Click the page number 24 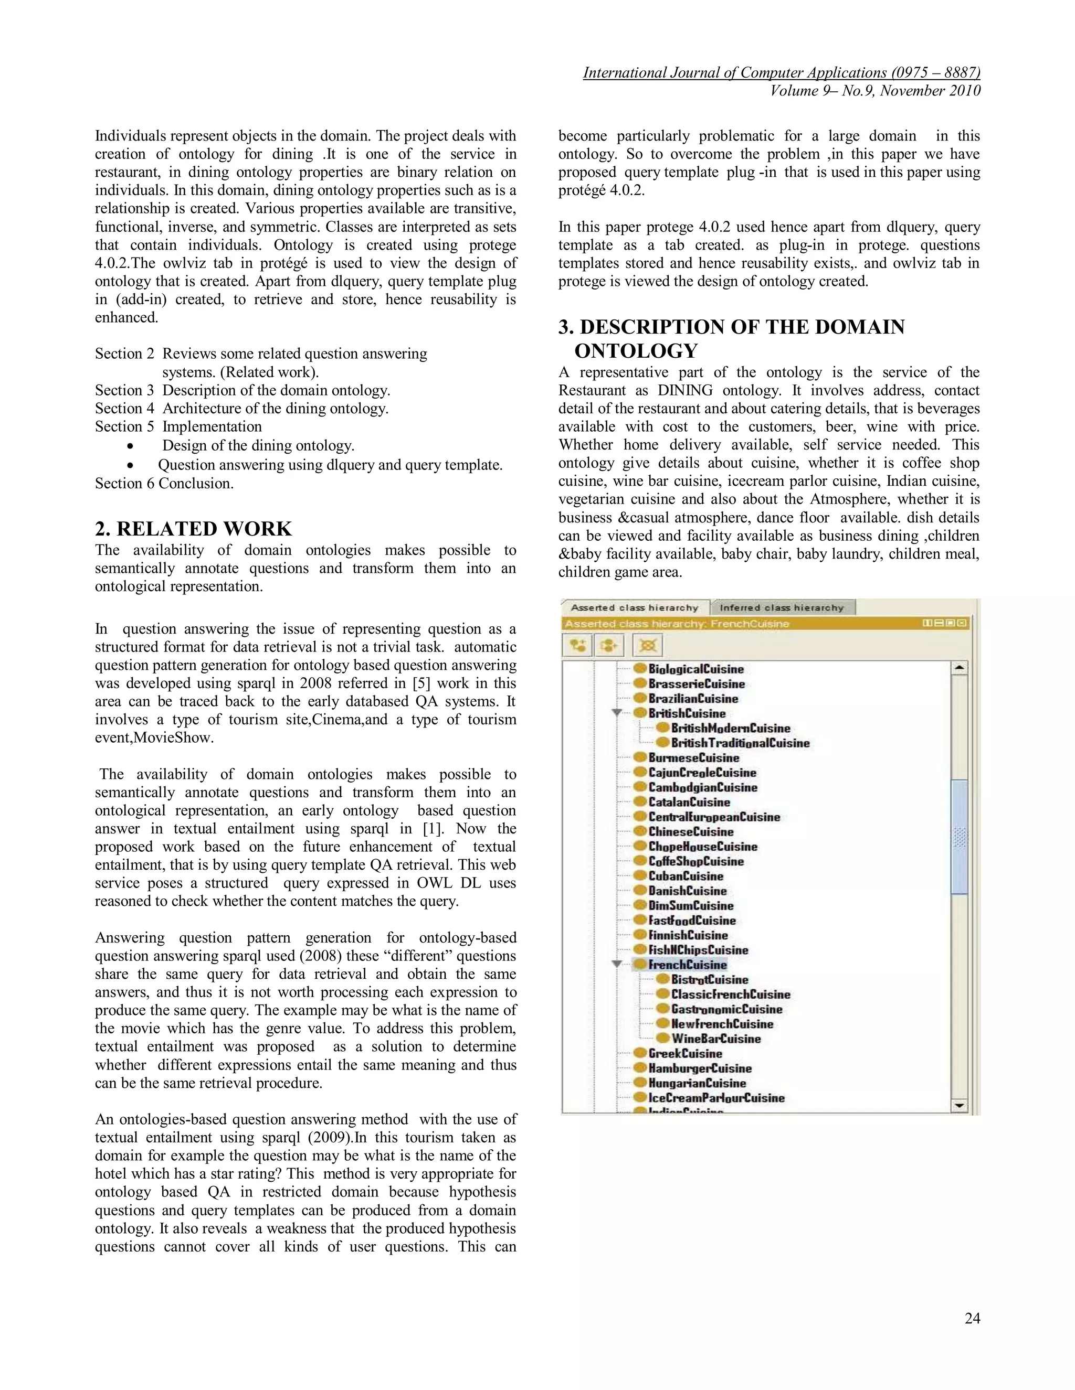pyautogui.click(x=972, y=1318)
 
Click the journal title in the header pyautogui.click(x=782, y=73)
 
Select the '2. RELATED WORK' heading pyautogui.click(x=193, y=529)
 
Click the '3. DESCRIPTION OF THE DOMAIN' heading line pyautogui.click(x=731, y=327)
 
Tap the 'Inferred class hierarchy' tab pyautogui.click(x=782, y=608)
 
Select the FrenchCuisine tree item pyautogui.click(x=687, y=965)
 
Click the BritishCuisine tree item pyautogui.click(x=687, y=713)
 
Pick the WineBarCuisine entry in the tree pyautogui.click(x=716, y=1039)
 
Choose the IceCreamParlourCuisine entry pyautogui.click(x=716, y=1098)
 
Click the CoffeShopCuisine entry pyautogui.click(x=695, y=861)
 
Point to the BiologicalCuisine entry pyautogui.click(x=695, y=669)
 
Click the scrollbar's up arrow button pyautogui.click(x=959, y=668)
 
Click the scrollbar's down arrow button pyautogui.click(x=959, y=1106)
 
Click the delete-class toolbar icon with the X pyautogui.click(x=648, y=645)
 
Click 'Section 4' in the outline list pyautogui.click(x=124, y=409)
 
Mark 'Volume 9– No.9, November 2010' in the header pyautogui.click(x=875, y=91)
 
